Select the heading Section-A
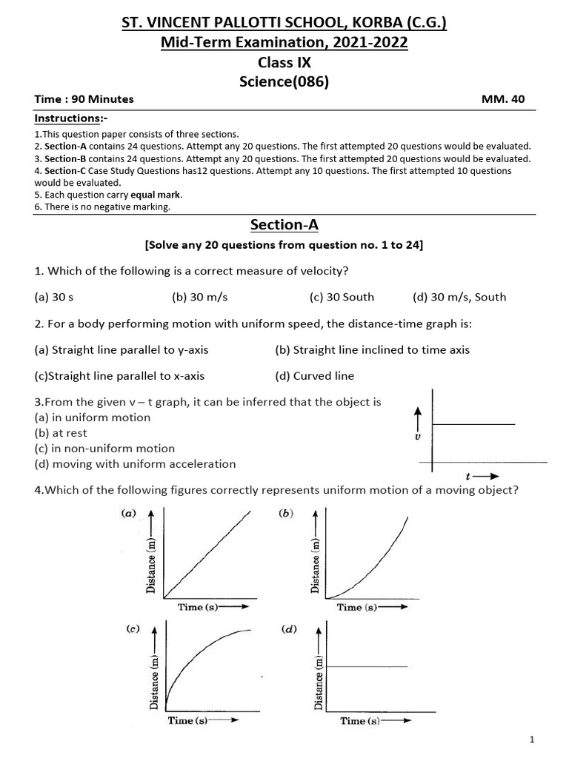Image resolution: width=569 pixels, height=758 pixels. pyautogui.click(x=284, y=224)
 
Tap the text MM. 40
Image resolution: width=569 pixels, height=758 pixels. pyautogui.click(x=503, y=99)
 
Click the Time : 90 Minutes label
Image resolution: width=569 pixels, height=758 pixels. pyautogui.click(x=84, y=99)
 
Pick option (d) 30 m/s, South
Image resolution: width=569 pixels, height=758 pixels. pyautogui.click(x=459, y=297)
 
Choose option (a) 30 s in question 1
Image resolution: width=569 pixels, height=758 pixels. pyautogui.click(x=53, y=297)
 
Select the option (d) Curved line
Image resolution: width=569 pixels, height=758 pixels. pyautogui.click(x=314, y=375)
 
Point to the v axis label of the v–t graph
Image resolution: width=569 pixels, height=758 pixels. pyautogui.click(x=419, y=437)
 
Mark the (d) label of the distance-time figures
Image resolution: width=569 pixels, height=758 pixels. pyautogui.click(x=290, y=630)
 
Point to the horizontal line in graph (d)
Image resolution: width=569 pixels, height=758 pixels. pyautogui.click(x=367, y=667)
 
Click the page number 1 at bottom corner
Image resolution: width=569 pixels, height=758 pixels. pyautogui.click(x=532, y=739)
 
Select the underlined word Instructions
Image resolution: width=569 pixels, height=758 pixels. pyautogui.click(x=67, y=118)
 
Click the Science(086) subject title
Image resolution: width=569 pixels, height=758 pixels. pyautogui.click(x=284, y=82)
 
